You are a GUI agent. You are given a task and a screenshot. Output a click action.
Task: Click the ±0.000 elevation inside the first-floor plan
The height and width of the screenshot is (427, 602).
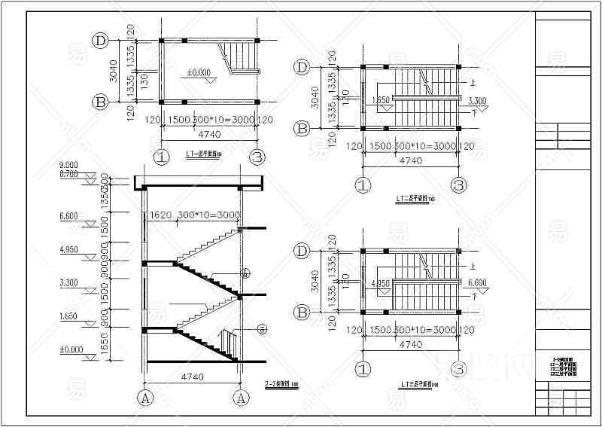199,73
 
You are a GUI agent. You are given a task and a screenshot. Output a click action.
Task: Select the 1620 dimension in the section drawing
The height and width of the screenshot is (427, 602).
161,215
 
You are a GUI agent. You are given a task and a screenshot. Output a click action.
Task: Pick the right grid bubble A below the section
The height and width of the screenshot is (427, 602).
242,397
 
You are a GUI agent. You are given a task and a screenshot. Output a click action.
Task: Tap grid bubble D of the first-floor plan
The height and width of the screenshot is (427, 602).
99,40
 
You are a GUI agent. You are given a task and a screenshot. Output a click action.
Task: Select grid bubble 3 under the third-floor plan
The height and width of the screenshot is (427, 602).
459,369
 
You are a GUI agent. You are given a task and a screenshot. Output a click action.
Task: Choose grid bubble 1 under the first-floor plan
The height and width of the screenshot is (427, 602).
161,157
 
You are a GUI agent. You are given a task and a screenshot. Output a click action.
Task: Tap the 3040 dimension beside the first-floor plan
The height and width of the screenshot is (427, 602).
113,70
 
